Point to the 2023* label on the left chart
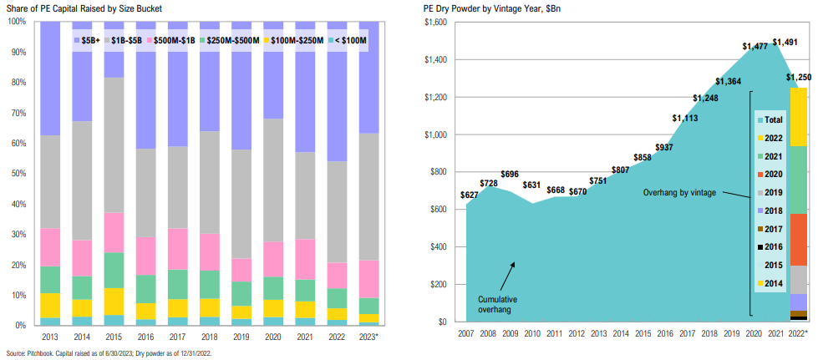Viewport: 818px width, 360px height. pos(368,336)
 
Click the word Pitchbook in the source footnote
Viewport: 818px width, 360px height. pos(38,352)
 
